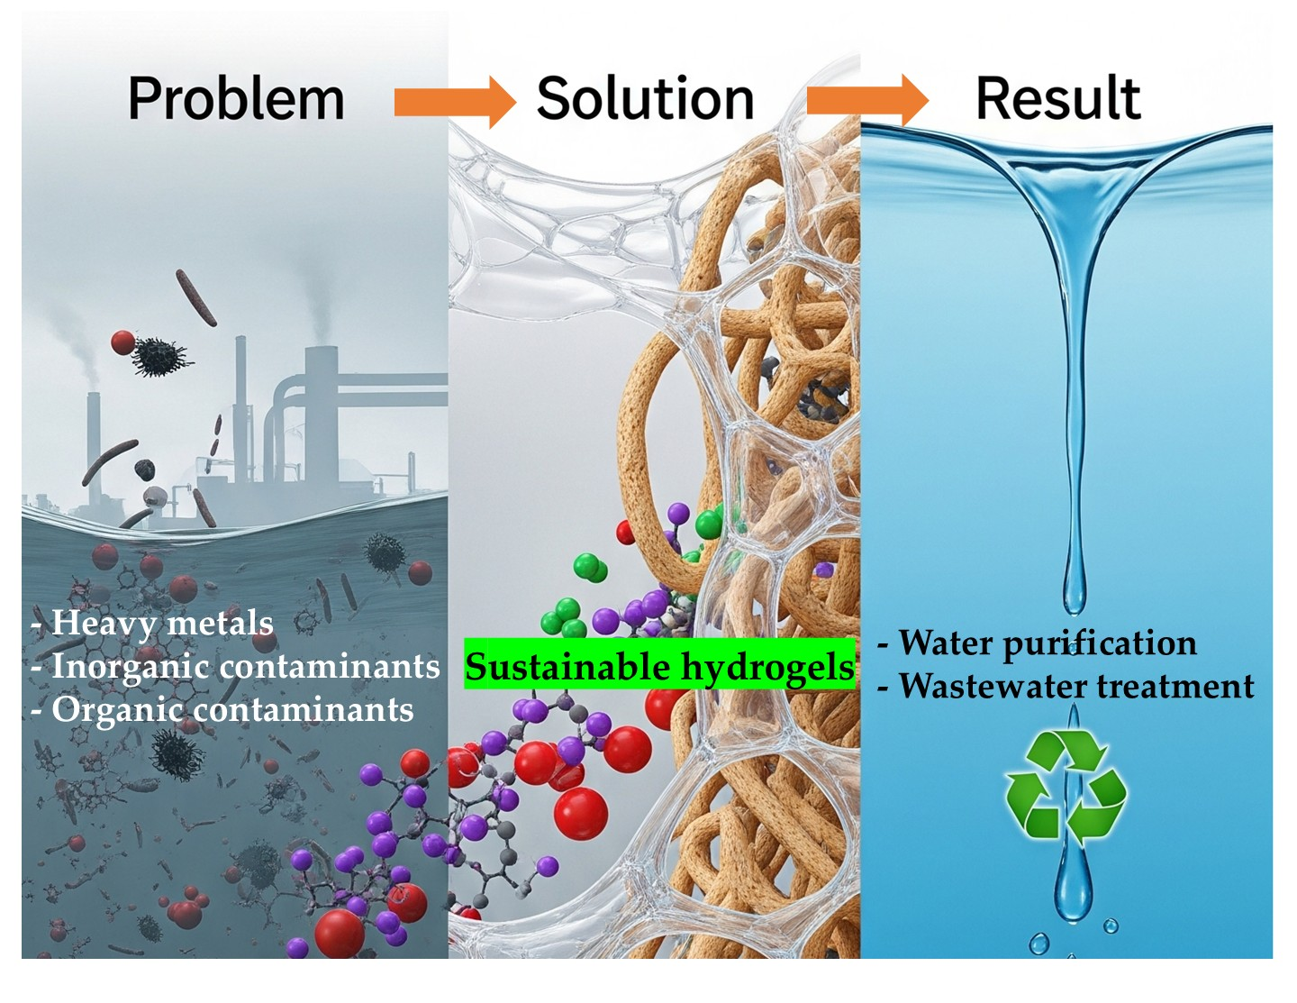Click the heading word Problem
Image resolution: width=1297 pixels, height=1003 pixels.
(x=236, y=98)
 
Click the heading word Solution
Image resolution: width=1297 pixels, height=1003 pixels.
(x=645, y=98)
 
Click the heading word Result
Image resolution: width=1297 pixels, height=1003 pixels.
(x=1057, y=98)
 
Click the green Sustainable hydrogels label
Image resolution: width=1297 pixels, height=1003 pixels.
(x=659, y=667)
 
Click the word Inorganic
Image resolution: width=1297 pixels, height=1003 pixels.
(x=125, y=667)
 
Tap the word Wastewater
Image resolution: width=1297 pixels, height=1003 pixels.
(x=992, y=686)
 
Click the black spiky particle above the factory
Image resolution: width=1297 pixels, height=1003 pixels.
(x=161, y=357)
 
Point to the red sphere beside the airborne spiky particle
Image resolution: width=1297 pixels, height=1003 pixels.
(x=123, y=342)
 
